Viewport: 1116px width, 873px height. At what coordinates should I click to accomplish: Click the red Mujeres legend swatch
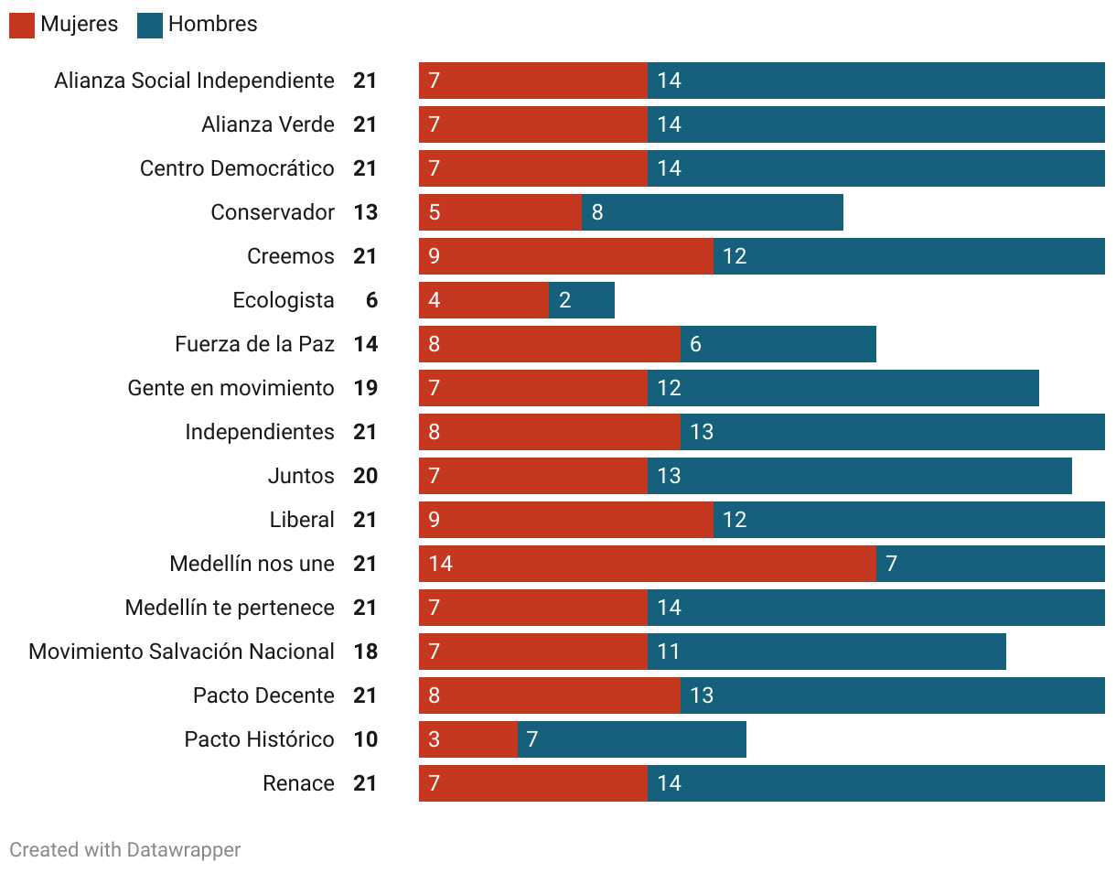click(22, 26)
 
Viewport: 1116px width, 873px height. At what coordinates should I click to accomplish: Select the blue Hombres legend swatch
click(150, 26)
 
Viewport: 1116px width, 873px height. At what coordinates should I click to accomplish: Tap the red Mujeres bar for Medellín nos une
click(647, 564)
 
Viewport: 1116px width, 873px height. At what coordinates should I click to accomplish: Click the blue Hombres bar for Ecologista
click(582, 300)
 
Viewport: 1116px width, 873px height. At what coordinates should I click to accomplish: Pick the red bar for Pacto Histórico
click(468, 739)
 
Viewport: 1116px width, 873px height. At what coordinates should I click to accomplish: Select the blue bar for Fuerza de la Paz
click(778, 344)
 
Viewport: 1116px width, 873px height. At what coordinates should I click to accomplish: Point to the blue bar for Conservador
click(713, 212)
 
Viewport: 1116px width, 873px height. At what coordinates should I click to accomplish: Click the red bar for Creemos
click(566, 256)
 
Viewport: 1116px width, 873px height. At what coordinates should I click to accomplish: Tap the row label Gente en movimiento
click(231, 388)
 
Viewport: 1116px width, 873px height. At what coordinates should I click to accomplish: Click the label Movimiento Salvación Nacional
click(181, 652)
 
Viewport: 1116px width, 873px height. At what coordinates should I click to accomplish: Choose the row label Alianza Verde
click(268, 124)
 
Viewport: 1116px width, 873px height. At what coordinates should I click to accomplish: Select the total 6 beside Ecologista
click(371, 300)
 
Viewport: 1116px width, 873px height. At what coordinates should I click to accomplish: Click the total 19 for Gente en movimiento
click(365, 388)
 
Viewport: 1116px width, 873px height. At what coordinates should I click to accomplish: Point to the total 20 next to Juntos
click(365, 476)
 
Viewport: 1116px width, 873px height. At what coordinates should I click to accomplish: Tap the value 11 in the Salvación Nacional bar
click(669, 652)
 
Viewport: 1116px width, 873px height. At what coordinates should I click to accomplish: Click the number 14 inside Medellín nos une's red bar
click(440, 564)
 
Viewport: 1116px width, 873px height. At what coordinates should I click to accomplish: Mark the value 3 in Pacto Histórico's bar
click(434, 739)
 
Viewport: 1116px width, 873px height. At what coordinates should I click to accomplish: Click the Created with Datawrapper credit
click(125, 850)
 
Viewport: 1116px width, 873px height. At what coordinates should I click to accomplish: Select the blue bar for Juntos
click(860, 476)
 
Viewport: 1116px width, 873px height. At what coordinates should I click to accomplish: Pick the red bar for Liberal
click(566, 520)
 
